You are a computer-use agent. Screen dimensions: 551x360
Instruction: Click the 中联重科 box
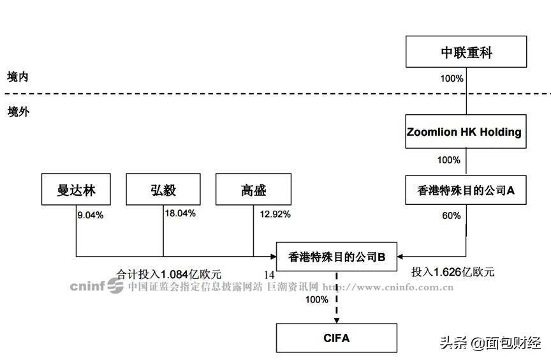pyautogui.click(x=466, y=52)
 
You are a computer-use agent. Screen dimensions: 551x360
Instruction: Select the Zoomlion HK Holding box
pyautogui.click(x=466, y=131)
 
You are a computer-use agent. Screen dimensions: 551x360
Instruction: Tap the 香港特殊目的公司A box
pyautogui.click(x=466, y=190)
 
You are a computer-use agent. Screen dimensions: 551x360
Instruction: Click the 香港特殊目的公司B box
pyautogui.click(x=337, y=257)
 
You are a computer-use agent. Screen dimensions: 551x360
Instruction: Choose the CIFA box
pyautogui.click(x=337, y=338)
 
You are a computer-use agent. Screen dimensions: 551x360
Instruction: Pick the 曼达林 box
pyautogui.click(x=76, y=190)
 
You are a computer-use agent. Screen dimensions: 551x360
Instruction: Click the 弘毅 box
pyautogui.click(x=163, y=190)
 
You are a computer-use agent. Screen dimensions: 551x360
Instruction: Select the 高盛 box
pyautogui.click(x=253, y=190)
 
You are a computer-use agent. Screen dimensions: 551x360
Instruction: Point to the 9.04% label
pyautogui.click(x=91, y=215)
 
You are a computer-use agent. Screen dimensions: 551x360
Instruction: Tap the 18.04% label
pyautogui.click(x=180, y=213)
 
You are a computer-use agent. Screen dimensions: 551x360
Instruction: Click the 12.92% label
pyautogui.click(x=275, y=214)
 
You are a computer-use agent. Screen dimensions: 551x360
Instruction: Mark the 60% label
pyautogui.click(x=452, y=216)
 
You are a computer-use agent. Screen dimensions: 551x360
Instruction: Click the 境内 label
pyautogui.click(x=18, y=77)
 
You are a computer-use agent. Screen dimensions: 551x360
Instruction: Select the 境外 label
pyautogui.click(x=18, y=112)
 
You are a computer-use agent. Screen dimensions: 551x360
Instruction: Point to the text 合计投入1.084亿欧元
pyautogui.click(x=169, y=274)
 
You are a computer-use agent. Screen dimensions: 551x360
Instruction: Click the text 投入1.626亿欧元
pyautogui.click(x=453, y=272)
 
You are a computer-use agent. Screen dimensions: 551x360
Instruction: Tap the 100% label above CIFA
pyautogui.click(x=316, y=299)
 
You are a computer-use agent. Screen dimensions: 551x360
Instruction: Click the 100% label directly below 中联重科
pyautogui.click(x=452, y=79)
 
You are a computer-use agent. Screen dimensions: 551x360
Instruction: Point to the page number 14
pyautogui.click(x=269, y=275)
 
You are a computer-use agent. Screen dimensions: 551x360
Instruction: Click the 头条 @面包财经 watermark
pyautogui.click(x=490, y=342)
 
